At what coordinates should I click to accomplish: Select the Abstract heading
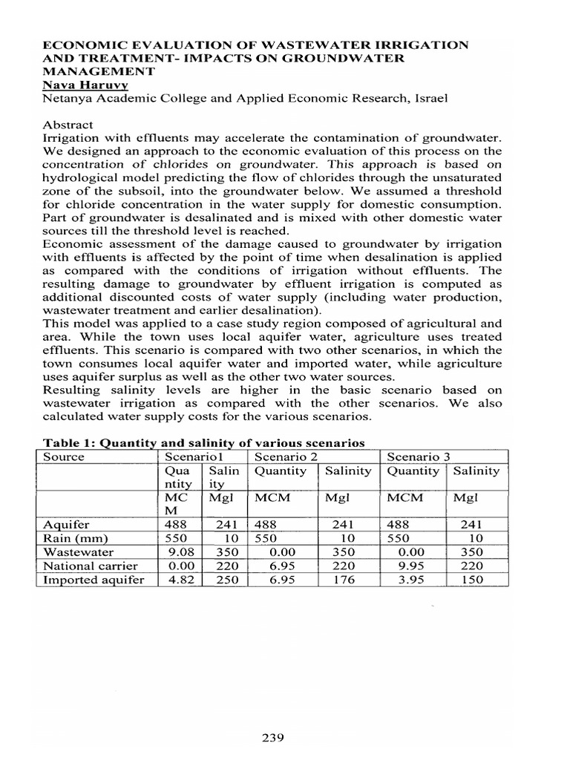tap(68, 125)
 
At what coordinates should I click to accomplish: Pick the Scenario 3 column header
tap(419, 456)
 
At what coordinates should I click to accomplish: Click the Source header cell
tap(64, 456)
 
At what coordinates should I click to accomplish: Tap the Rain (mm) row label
tap(76, 538)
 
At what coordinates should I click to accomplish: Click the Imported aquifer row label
tap(94, 580)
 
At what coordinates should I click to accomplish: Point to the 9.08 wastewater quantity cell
tap(182, 552)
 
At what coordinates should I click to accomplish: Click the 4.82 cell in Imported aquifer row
tap(182, 580)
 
